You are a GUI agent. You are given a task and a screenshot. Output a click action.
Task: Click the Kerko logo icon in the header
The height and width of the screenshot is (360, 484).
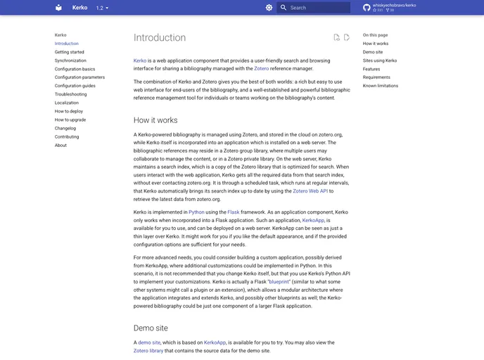point(58,8)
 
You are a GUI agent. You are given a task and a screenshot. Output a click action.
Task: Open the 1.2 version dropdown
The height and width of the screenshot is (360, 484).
point(102,8)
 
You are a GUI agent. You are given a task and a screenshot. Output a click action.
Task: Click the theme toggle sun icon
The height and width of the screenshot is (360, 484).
point(269,8)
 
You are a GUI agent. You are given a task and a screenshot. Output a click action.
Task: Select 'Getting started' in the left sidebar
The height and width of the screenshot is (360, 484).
point(70,52)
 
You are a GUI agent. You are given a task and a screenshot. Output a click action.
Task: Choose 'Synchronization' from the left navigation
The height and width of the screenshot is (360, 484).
point(70,60)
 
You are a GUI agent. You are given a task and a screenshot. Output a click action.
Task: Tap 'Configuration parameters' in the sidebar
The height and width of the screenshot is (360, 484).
point(79,77)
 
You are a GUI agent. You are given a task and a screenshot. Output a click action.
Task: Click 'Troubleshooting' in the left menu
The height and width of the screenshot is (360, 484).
point(71,94)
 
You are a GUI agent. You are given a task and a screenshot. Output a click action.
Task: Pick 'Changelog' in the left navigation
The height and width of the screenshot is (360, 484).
point(65,128)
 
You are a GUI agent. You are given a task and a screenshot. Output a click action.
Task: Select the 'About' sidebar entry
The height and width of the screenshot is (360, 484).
point(60,145)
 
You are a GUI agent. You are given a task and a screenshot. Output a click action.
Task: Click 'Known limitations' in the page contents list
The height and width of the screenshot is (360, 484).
point(381,86)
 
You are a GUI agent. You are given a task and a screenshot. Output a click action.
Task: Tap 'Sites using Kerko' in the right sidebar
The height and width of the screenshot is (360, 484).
point(380,60)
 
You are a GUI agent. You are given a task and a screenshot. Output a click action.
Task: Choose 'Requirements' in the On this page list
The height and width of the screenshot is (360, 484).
point(376,77)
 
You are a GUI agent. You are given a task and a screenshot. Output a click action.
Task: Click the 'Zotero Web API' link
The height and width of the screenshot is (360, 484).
point(310,191)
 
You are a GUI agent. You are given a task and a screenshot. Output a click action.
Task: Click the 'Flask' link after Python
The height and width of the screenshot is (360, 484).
point(234,212)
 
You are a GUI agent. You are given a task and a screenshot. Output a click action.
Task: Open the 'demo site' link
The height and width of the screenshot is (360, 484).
point(149,342)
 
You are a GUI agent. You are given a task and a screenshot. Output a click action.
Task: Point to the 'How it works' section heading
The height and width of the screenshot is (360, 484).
point(155,120)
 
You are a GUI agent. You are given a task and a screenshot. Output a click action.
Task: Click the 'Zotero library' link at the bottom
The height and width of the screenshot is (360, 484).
point(148,350)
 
